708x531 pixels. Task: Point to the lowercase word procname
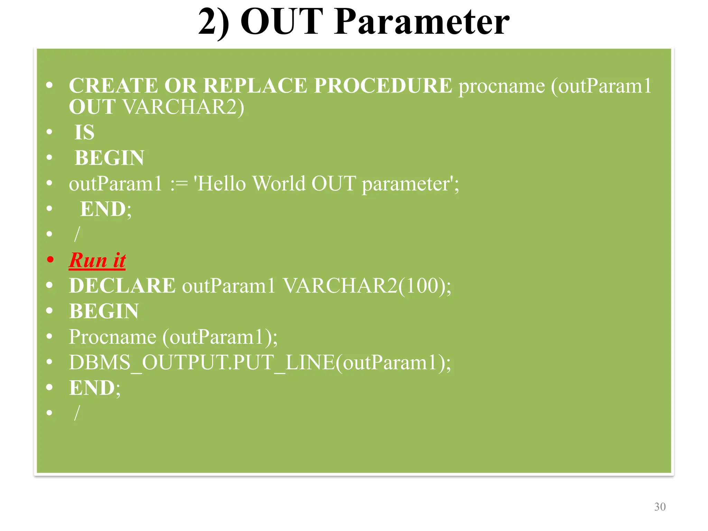501,86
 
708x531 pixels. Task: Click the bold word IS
84,132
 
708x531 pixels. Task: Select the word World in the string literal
279,184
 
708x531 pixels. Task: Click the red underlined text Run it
97,260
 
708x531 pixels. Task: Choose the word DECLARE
122,286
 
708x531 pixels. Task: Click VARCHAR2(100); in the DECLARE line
367,286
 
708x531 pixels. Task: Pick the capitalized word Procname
113,337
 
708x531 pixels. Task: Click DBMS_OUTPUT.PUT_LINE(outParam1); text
260,363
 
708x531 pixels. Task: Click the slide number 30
660,507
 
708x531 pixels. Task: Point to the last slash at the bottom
77,413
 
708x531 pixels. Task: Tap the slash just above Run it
77,234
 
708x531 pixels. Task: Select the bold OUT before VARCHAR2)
92,107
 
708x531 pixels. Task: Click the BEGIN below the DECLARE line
104,311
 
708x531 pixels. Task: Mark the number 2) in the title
213,22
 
